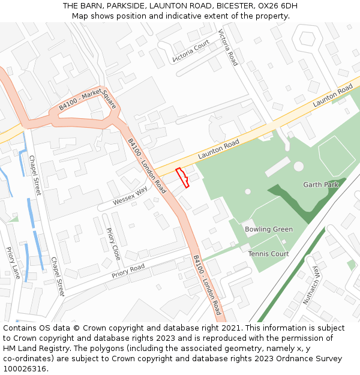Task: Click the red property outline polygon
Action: pos(182,178)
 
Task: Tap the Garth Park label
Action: pos(320,184)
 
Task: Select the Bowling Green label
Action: pos(269,229)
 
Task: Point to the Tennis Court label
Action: pos(268,254)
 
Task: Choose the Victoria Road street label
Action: pos(228,47)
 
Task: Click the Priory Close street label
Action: pos(113,244)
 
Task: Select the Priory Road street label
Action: pos(128,271)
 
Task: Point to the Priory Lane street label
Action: pos(13,263)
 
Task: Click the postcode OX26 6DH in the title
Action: pos(277,6)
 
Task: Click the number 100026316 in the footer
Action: pos(25,368)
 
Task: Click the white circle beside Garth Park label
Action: pos(299,166)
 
